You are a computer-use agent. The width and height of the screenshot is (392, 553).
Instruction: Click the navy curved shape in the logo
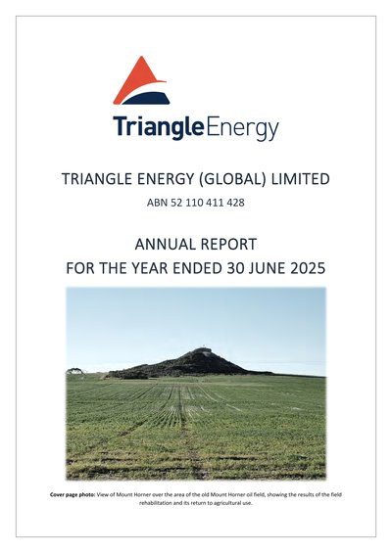(x=147, y=99)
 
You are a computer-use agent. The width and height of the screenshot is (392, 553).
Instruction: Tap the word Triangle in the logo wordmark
(x=159, y=127)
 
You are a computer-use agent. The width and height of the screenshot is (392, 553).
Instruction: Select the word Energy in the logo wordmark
(x=242, y=129)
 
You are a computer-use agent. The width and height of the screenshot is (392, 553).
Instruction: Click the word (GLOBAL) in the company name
(x=231, y=179)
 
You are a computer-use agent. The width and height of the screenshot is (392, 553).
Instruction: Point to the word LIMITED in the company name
(x=300, y=179)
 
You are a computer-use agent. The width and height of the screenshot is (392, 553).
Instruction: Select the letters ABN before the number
(x=157, y=203)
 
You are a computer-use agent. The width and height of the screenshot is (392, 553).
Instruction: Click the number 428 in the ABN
(x=235, y=203)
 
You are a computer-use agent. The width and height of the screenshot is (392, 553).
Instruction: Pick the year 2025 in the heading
(x=308, y=268)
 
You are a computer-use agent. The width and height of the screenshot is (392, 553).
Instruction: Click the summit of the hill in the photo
(x=203, y=348)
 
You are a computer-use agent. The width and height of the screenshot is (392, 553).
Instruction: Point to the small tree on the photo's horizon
(x=75, y=371)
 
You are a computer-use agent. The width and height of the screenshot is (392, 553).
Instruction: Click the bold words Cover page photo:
(x=73, y=495)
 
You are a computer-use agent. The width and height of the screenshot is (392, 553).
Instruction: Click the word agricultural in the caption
(x=226, y=503)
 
